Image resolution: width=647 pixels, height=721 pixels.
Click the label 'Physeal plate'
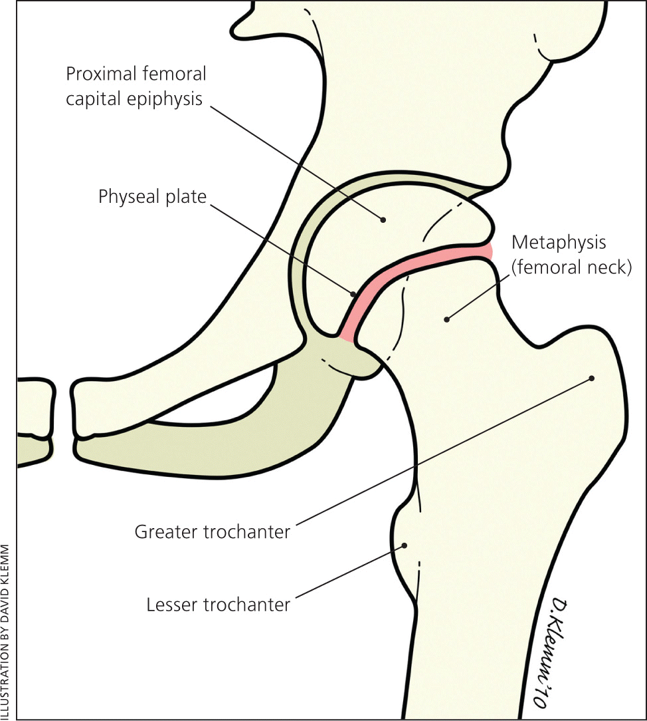[152, 197]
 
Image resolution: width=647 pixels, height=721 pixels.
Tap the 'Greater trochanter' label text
[213, 532]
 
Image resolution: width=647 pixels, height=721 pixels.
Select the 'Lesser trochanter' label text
[218, 605]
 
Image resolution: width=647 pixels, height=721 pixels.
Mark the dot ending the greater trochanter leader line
[591, 378]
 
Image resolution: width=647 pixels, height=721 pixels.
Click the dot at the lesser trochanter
[403, 545]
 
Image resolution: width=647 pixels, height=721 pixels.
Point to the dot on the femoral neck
[446, 320]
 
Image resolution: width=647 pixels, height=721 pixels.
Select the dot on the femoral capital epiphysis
[383, 219]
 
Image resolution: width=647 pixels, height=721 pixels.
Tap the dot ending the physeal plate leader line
[353, 292]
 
